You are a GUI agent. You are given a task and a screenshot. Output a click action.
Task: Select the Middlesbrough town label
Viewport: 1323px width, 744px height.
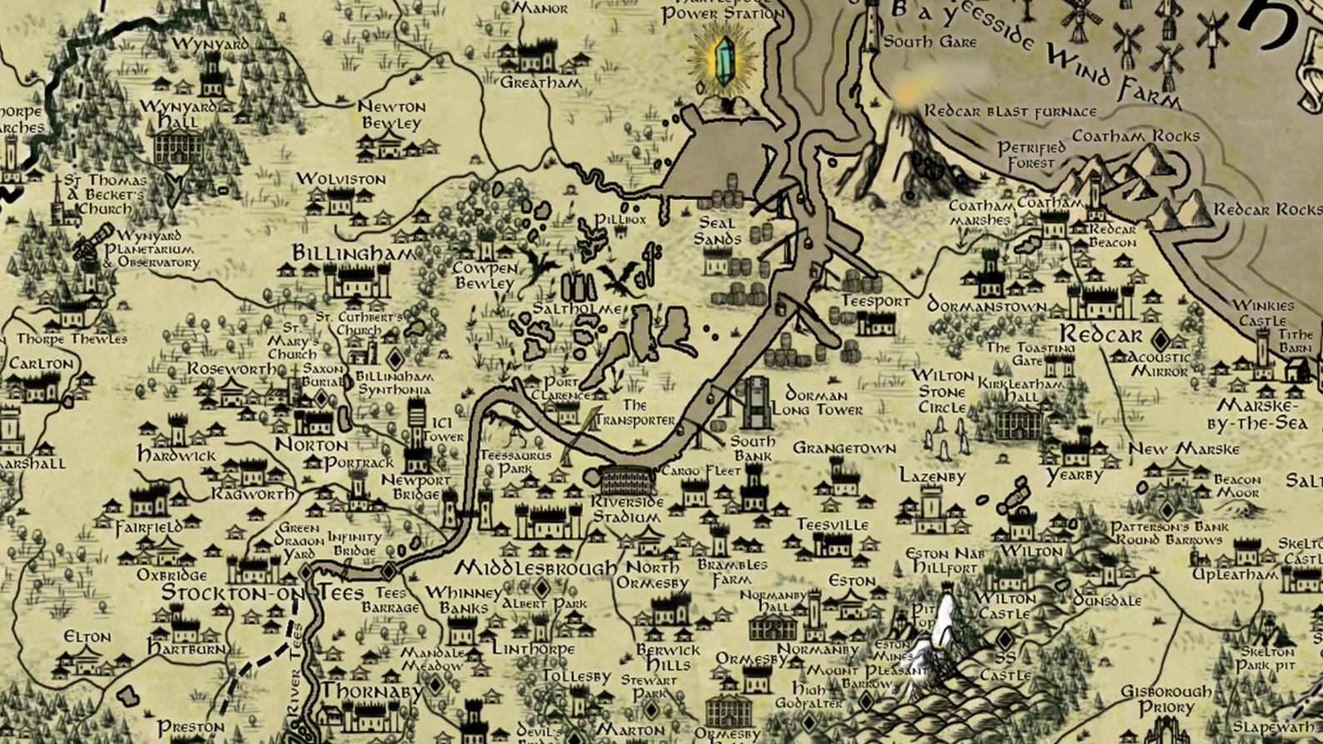coord(536,568)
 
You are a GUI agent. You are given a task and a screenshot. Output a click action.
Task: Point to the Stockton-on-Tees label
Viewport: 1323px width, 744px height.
coord(262,593)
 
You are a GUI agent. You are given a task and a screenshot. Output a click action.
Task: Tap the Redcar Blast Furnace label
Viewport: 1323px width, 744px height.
coord(1011,112)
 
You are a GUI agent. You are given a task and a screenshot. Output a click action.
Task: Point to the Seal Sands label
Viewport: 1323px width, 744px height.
coord(717,231)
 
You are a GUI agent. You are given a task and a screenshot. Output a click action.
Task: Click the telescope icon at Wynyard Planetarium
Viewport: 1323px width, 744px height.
coord(84,247)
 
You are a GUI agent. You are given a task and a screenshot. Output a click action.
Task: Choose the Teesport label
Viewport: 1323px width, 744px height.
coord(875,301)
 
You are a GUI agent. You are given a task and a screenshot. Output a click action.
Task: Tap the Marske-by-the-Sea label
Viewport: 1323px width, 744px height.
coord(1258,414)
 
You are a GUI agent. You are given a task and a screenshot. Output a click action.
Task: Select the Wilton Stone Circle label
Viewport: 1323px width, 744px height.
coord(942,392)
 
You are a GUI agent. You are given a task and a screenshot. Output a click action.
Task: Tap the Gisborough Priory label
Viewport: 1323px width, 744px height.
coord(1166,700)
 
